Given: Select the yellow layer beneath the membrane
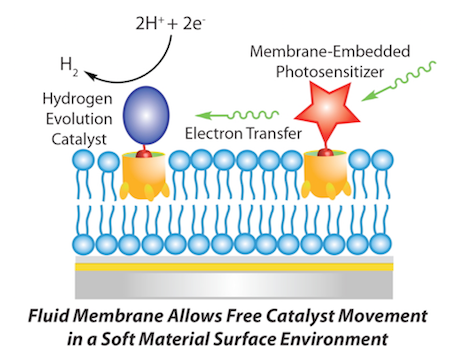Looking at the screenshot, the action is pyautogui.click(x=229, y=269).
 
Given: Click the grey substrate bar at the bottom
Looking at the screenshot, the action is pyautogui.click(x=229, y=284).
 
